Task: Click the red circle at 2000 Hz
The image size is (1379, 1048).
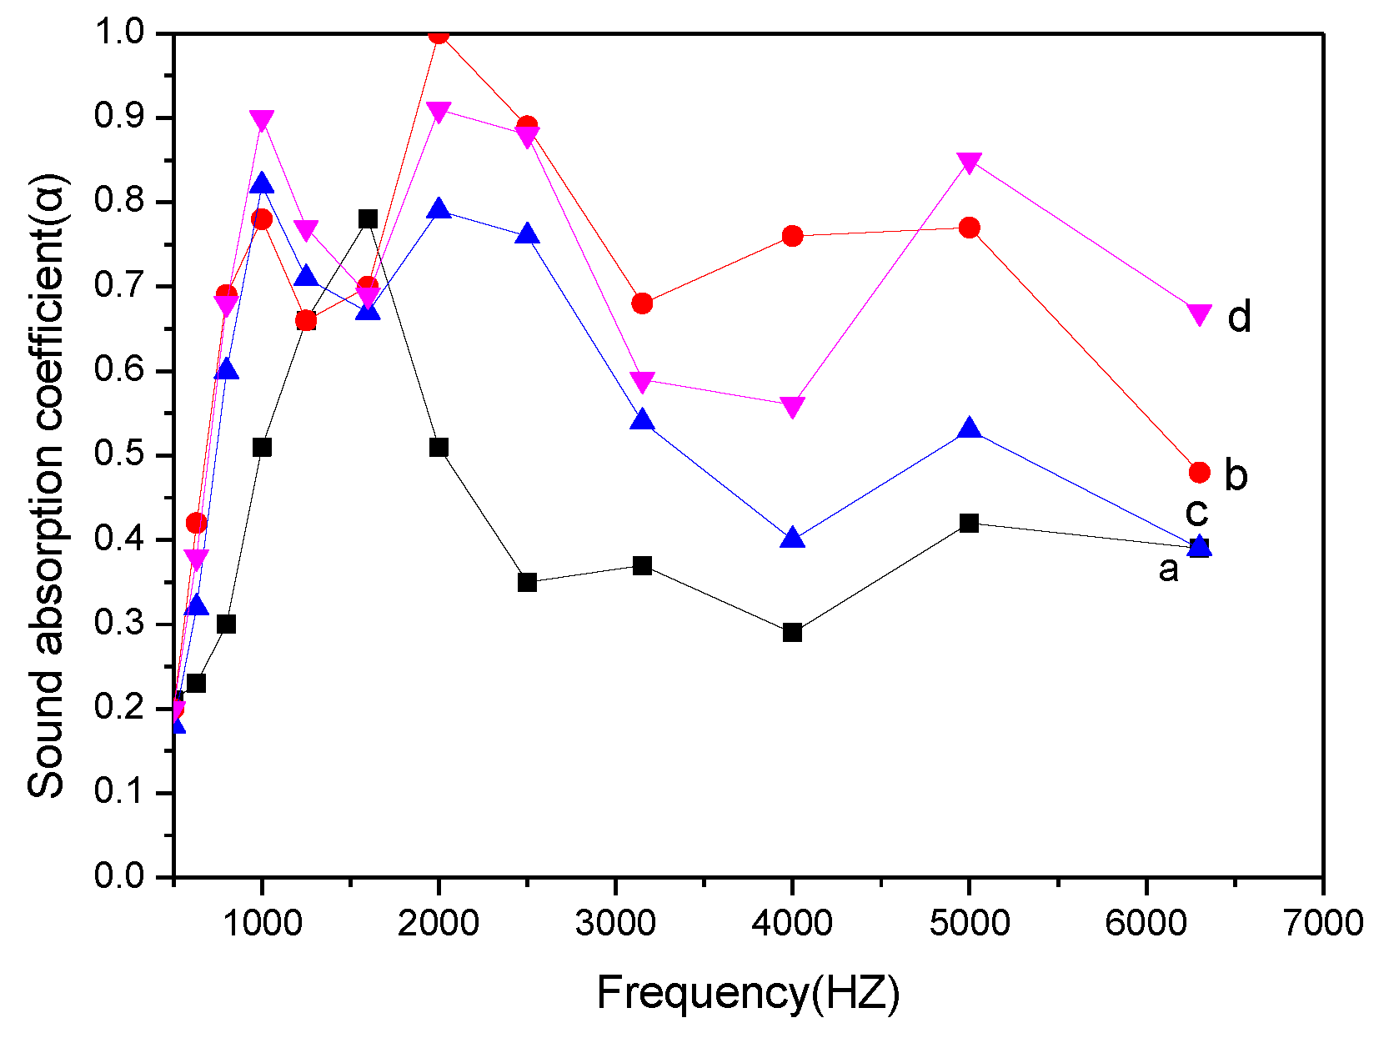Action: coord(439,34)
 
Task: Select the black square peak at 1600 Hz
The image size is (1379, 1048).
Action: coord(368,219)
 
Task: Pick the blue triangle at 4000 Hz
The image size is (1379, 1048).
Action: coord(793,539)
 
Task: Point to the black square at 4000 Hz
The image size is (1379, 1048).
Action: coord(793,632)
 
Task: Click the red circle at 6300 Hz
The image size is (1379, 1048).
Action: coord(1199,473)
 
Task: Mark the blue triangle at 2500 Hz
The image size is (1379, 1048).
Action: coord(527,235)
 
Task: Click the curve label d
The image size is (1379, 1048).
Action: coord(1239,318)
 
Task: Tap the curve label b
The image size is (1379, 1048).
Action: coord(1236,474)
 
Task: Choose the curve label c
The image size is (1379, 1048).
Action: coord(1196,510)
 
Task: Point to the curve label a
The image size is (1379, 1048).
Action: coord(1169,569)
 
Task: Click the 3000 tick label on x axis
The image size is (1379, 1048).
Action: coord(615,923)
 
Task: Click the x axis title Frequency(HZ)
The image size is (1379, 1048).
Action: coord(748,994)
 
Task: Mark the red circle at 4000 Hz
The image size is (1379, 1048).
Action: coord(793,236)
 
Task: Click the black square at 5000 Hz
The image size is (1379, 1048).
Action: coord(969,524)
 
